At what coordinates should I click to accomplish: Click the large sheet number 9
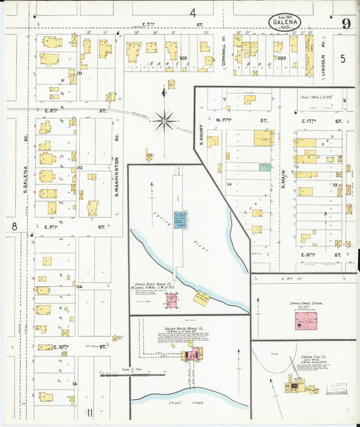[x=346, y=25]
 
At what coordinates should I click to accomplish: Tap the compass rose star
[x=164, y=122]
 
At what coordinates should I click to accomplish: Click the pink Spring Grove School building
[x=304, y=320]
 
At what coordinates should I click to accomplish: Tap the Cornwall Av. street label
[x=224, y=50]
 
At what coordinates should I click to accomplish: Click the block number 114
[x=80, y=286]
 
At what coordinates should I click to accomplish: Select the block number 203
[x=282, y=59]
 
